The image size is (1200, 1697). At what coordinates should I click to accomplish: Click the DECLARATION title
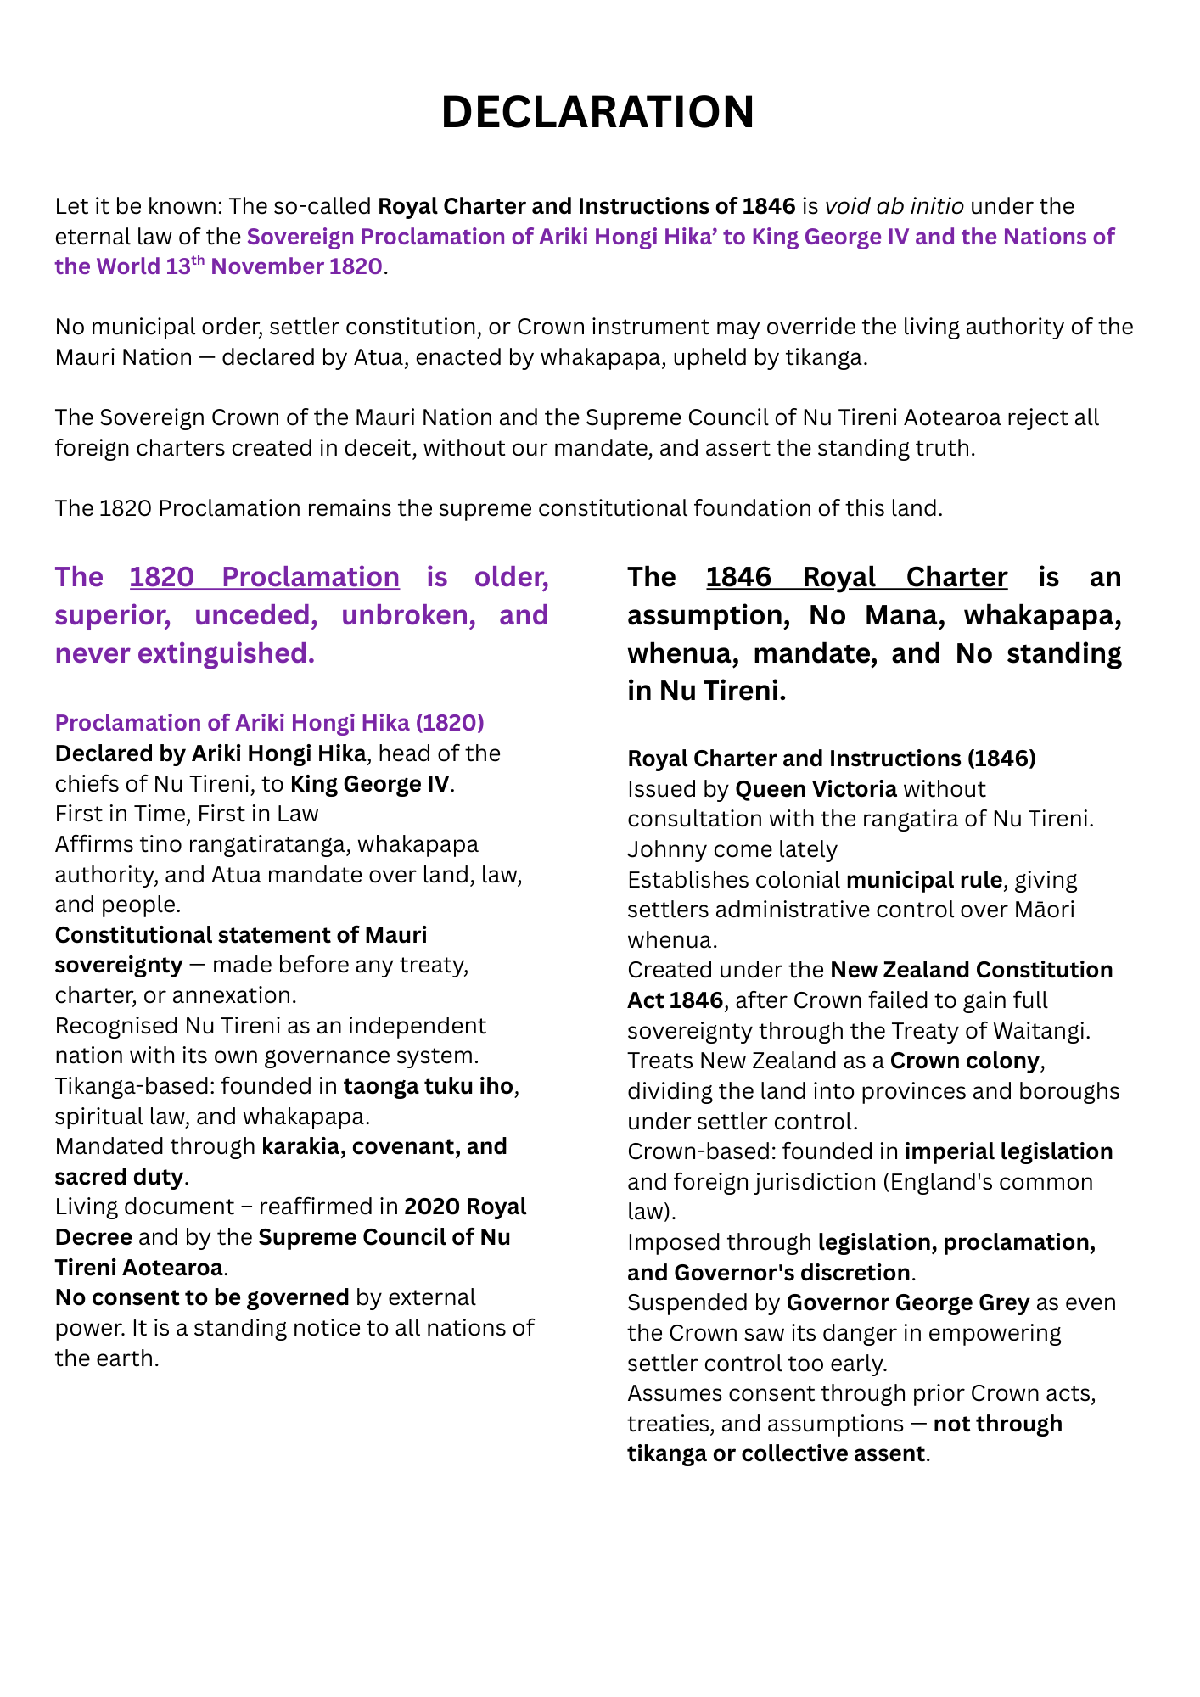click(597, 112)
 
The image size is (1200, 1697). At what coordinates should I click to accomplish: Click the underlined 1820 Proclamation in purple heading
click(265, 577)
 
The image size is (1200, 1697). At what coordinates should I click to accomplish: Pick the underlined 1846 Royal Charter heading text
click(856, 577)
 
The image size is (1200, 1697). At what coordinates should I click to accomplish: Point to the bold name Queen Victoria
click(816, 789)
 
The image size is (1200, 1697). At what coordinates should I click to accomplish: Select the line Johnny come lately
click(732, 849)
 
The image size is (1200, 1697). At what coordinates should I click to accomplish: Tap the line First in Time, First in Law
click(187, 814)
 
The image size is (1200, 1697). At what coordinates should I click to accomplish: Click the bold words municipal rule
click(923, 880)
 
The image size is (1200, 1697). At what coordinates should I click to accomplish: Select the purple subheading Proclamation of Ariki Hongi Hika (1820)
click(270, 723)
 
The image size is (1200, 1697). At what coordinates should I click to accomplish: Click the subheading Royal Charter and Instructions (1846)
click(832, 759)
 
